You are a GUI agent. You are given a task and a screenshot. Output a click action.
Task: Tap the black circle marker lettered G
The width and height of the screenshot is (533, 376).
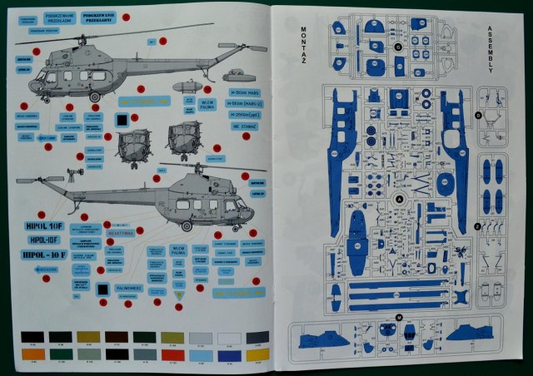tap(398, 48)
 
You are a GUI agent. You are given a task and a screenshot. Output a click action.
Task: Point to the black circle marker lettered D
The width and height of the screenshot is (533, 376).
tap(479, 116)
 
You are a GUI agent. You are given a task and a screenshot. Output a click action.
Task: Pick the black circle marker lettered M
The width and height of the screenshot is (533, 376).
tap(399, 317)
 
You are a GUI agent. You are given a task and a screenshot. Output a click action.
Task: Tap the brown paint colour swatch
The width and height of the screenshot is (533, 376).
tap(115, 337)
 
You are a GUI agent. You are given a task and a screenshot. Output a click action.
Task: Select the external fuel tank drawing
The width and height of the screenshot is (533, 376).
tap(189, 85)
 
